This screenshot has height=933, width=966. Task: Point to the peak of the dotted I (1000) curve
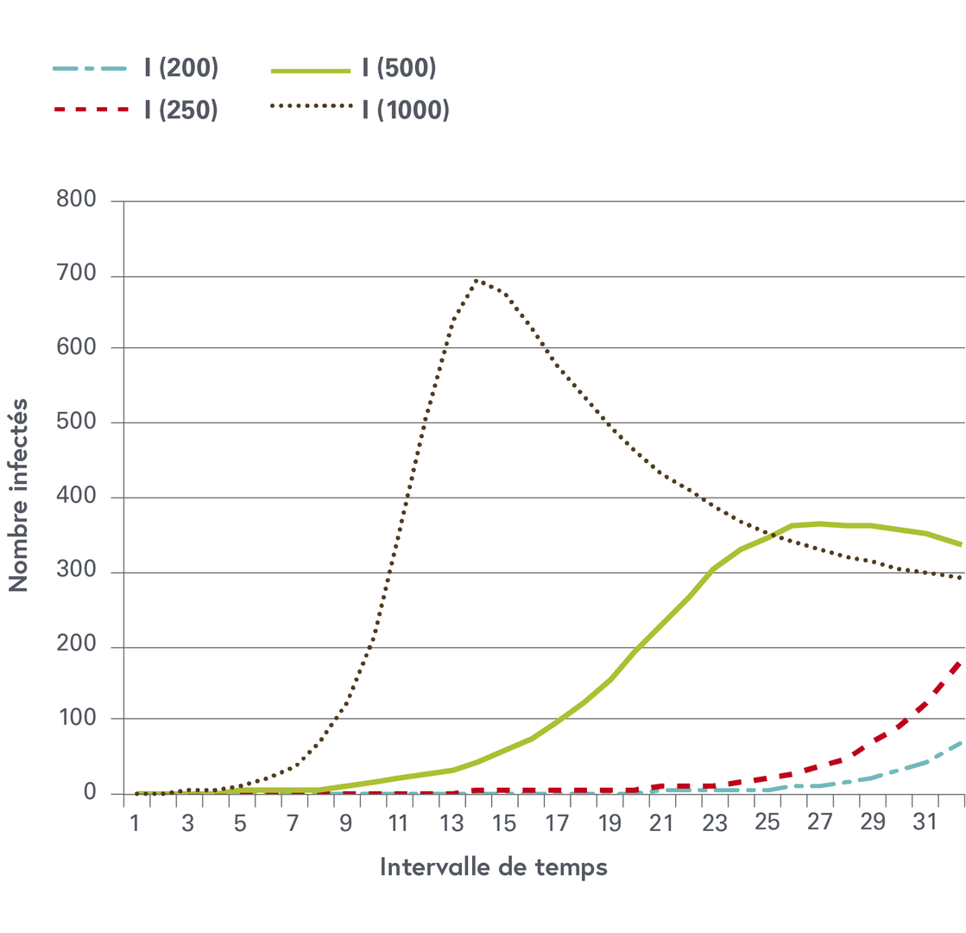click(477, 280)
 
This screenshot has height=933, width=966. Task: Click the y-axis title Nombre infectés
click(19, 493)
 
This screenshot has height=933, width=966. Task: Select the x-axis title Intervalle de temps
click(494, 866)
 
